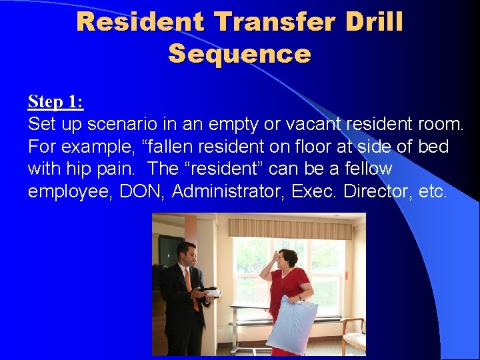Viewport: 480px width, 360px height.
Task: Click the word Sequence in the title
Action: coord(239,53)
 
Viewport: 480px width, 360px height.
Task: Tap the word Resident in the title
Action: coord(139,21)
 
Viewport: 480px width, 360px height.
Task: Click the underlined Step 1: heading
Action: coord(55,102)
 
